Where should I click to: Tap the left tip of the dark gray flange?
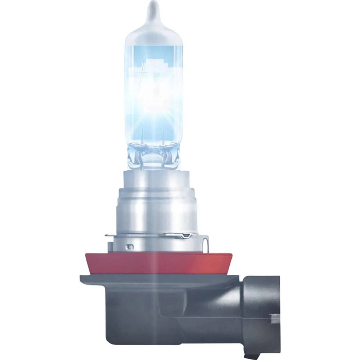point(81,278)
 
